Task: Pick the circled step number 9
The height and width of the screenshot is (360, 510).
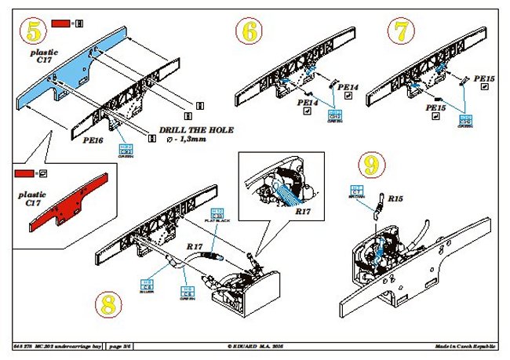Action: pyautogui.click(x=371, y=165)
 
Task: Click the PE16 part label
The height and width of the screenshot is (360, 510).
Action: pyautogui.click(x=94, y=139)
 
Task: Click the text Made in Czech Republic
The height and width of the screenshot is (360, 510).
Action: pyautogui.click(x=467, y=346)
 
